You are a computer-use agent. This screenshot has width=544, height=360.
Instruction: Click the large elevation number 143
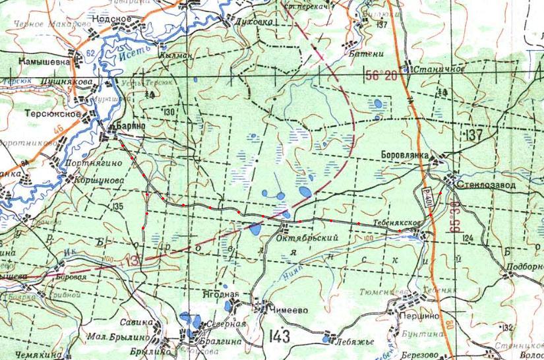click(280, 337)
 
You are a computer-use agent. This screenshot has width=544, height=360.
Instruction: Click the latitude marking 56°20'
click(384, 76)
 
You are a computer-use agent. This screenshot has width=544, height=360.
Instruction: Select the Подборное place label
click(525, 267)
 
